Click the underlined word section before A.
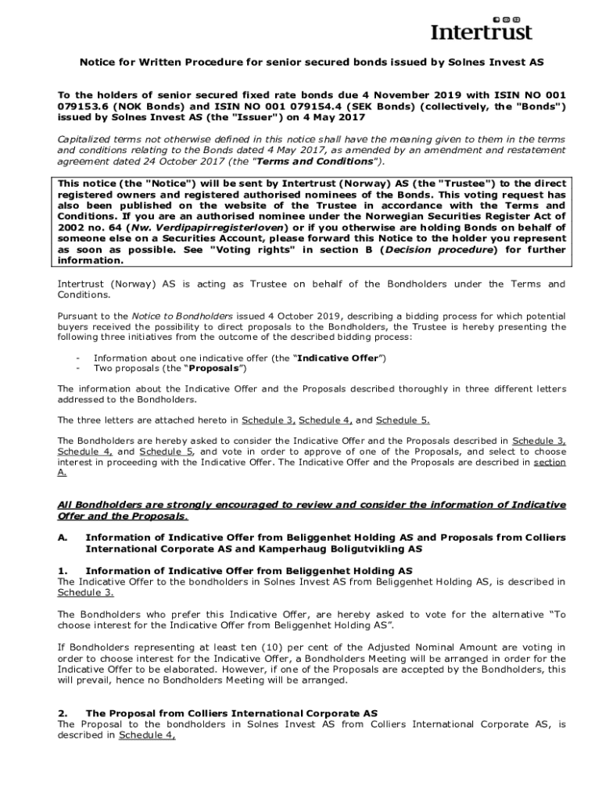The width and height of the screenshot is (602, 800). click(x=549, y=462)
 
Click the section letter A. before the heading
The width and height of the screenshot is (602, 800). click(x=63, y=537)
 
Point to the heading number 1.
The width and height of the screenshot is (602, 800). click(x=63, y=570)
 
